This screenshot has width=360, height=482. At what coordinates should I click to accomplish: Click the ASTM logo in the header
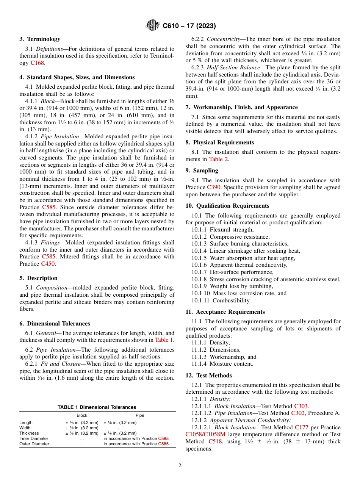click(x=153, y=26)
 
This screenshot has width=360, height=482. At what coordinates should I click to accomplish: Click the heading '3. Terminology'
click(x=39, y=39)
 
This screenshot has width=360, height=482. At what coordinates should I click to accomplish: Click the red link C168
click(x=37, y=63)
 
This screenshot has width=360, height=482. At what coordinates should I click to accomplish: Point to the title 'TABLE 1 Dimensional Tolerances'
click(x=97, y=407)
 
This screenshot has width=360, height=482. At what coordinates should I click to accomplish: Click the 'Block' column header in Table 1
click(x=82, y=415)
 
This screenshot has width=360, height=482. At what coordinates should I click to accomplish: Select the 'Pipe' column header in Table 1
click(x=140, y=415)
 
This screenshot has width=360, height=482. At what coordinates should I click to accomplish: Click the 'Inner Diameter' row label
click(x=34, y=438)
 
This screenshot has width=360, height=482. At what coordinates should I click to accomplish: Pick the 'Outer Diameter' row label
click(x=34, y=444)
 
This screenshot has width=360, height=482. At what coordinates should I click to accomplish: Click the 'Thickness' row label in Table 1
click(x=29, y=433)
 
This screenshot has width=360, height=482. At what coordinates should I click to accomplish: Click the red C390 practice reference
click(x=214, y=187)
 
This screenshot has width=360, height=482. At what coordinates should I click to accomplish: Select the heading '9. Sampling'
click(x=202, y=171)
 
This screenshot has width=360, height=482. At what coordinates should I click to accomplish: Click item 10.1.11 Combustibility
click(x=221, y=300)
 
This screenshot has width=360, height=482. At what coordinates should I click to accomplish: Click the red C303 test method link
click(x=301, y=406)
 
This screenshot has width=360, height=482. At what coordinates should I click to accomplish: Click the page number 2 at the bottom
click(x=180, y=466)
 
